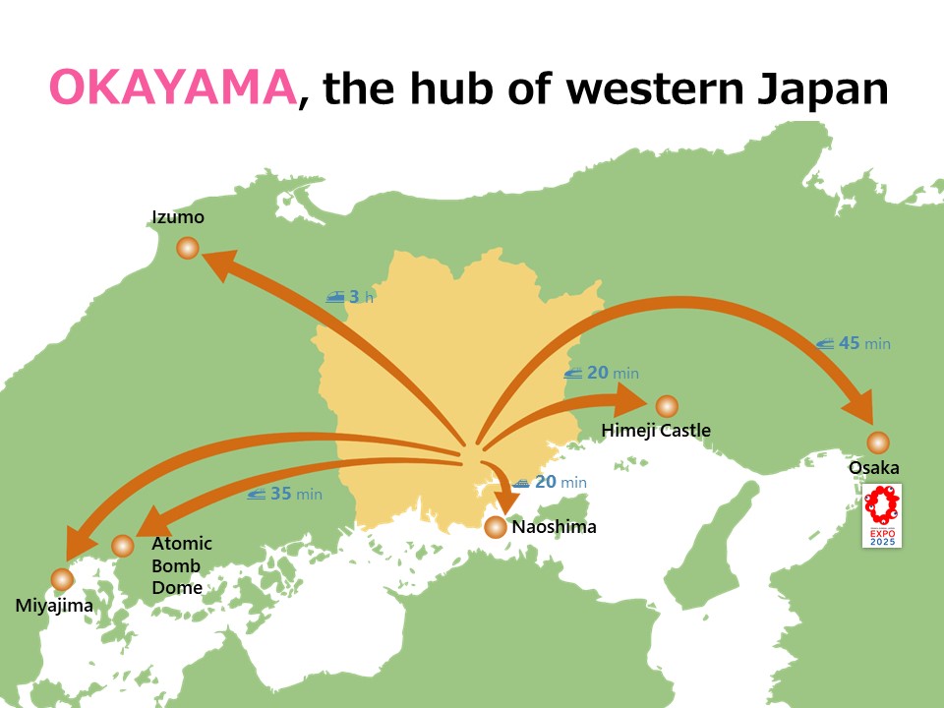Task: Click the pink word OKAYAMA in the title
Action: click(x=172, y=88)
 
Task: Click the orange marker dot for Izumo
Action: click(x=188, y=249)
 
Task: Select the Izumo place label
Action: click(x=178, y=217)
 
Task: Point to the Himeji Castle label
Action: click(x=656, y=431)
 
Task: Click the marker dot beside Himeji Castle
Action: click(x=667, y=405)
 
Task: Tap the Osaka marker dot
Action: click(x=878, y=442)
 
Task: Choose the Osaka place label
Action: click(x=874, y=468)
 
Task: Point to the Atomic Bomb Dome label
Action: click(x=181, y=565)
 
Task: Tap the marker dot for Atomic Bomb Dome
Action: click(x=123, y=546)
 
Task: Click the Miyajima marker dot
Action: click(x=63, y=579)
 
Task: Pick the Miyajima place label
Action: click(x=54, y=606)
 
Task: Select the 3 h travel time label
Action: click(x=351, y=296)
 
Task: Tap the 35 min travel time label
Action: click(x=285, y=494)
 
